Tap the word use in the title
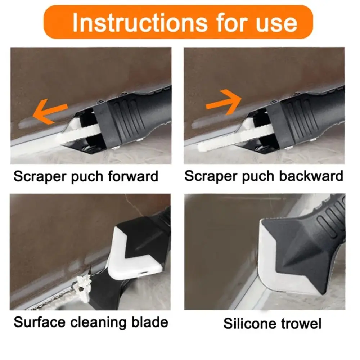(276, 22)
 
